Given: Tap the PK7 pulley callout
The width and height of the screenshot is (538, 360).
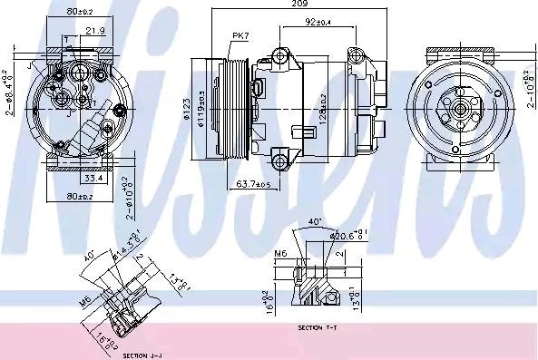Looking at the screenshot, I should click(240, 36).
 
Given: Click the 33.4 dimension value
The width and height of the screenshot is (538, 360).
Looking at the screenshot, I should click(92, 179).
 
